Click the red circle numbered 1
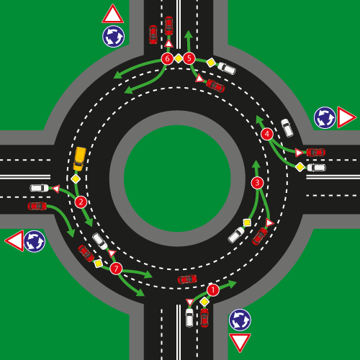[x=213, y=290]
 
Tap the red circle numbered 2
[x=81, y=202]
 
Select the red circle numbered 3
[x=257, y=183]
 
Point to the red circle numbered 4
[x=267, y=134]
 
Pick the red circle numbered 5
[x=189, y=58]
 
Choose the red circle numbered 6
[x=167, y=58]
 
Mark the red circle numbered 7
[x=116, y=269]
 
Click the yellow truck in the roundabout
[x=80, y=158]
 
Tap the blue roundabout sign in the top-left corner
[x=113, y=37]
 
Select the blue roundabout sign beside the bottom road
[x=240, y=320]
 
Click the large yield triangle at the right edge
[x=346, y=117]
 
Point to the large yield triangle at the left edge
[x=15, y=240]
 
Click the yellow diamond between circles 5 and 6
[x=179, y=58]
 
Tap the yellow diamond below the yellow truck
[x=76, y=179]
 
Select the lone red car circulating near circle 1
[x=187, y=279]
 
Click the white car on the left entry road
[x=39, y=188]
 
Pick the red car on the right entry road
[x=316, y=152]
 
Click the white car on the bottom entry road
[x=189, y=318]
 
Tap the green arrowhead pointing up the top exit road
[x=189, y=34]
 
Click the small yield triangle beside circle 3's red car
[x=269, y=222]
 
